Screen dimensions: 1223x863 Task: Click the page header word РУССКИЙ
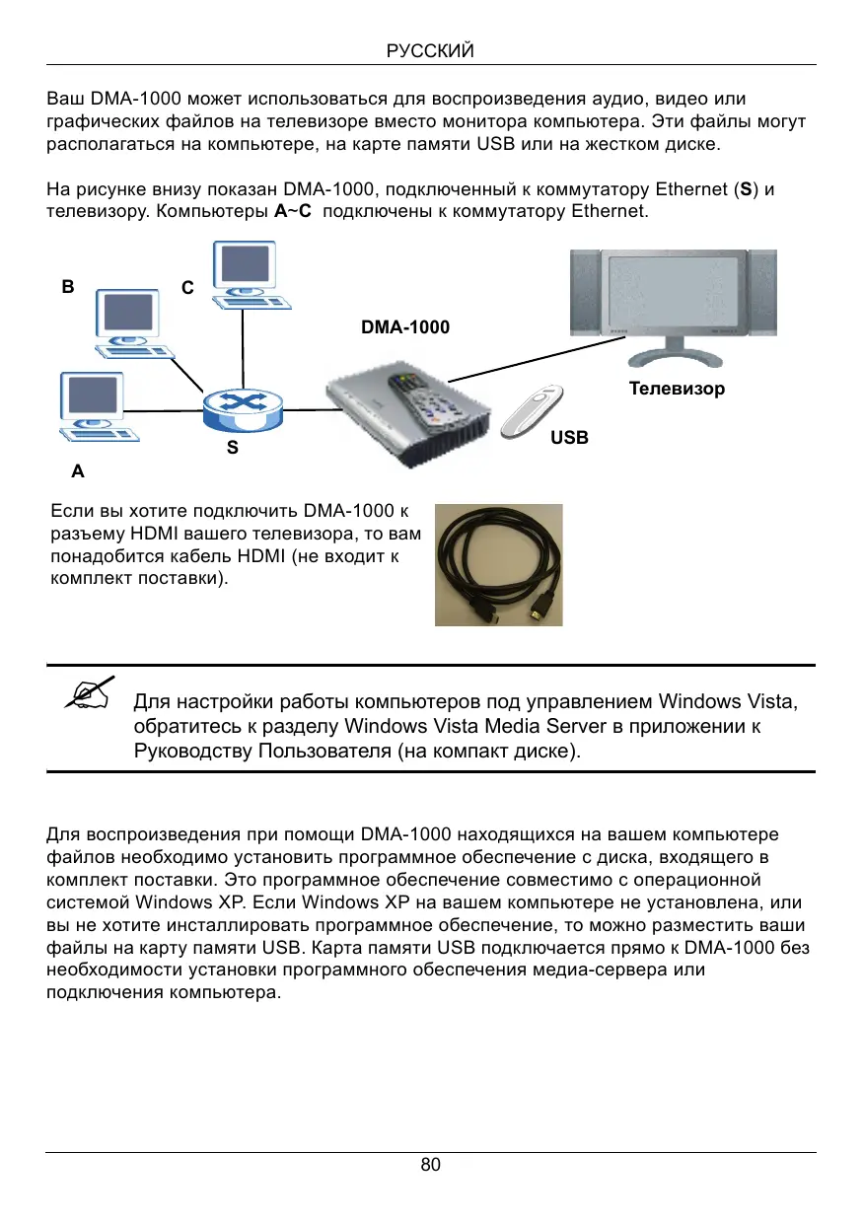click(x=431, y=50)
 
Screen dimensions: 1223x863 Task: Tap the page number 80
click(x=431, y=1165)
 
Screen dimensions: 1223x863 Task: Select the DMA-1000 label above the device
click(x=405, y=326)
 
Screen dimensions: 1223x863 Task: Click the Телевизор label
click(x=677, y=389)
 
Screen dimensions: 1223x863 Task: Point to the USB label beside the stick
click(x=570, y=437)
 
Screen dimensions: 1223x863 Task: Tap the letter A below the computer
click(x=78, y=472)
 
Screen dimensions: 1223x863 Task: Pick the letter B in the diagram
click(x=67, y=288)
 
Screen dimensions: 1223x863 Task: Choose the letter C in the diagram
click(x=187, y=288)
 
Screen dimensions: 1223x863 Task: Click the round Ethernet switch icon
click(x=242, y=406)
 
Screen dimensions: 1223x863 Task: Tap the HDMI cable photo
click(x=498, y=564)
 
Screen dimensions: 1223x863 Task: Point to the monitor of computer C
click(x=244, y=264)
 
